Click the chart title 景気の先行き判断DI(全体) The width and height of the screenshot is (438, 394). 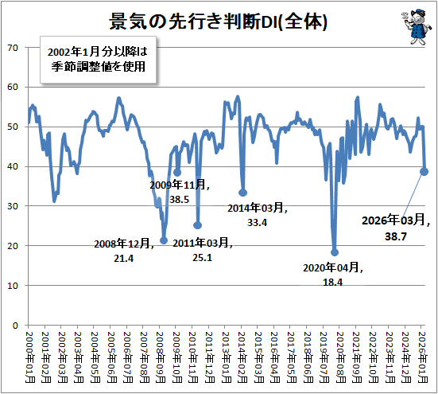[218, 21]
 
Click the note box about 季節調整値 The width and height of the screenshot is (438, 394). [98, 60]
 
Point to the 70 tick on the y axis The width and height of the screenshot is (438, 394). [13, 48]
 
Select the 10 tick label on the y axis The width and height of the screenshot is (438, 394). [13, 286]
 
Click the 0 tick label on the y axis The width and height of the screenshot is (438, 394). [15, 326]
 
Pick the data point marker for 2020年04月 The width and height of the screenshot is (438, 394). [335, 252]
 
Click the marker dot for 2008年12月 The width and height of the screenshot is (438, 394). [164, 240]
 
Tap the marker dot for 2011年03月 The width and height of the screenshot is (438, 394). [197, 225]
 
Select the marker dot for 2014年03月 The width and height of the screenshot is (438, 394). [242, 193]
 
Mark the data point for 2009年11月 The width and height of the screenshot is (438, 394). [177, 173]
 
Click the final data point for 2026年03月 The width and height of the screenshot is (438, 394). [424, 172]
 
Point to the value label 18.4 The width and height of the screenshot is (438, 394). [333, 282]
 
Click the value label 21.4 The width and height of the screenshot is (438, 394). [123, 259]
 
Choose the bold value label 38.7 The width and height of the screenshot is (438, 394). [396, 236]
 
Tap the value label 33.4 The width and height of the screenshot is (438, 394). [257, 223]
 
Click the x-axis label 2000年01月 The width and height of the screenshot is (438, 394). [30, 357]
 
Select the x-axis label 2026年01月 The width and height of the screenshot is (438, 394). [423, 357]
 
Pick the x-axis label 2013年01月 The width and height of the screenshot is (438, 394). [227, 357]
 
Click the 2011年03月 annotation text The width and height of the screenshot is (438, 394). [202, 243]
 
